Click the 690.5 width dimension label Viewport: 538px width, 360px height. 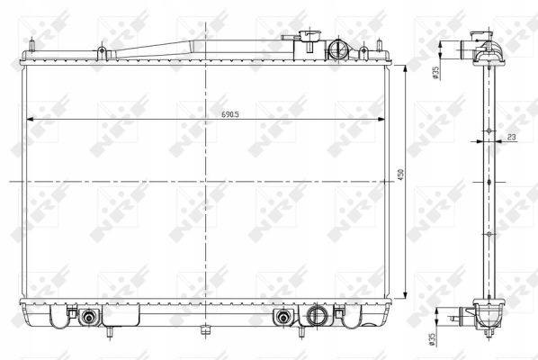click(230, 114)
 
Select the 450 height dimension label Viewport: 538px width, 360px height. click(400, 175)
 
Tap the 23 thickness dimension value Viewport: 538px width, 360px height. click(511, 137)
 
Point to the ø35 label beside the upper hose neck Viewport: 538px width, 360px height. click(435, 73)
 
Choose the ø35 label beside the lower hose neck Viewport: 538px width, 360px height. click(432, 338)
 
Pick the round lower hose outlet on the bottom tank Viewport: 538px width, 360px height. click(316, 315)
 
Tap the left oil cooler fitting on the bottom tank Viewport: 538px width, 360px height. click(89, 317)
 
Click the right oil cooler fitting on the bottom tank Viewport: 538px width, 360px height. click(283, 317)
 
